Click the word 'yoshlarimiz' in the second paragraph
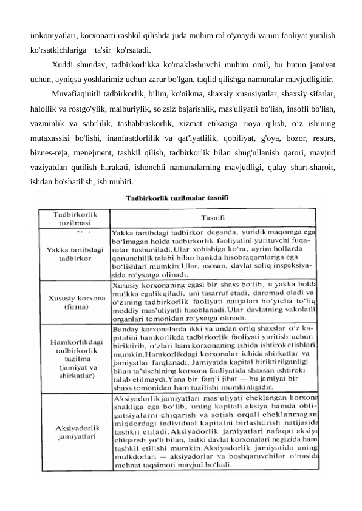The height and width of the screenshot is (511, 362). [106, 79]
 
